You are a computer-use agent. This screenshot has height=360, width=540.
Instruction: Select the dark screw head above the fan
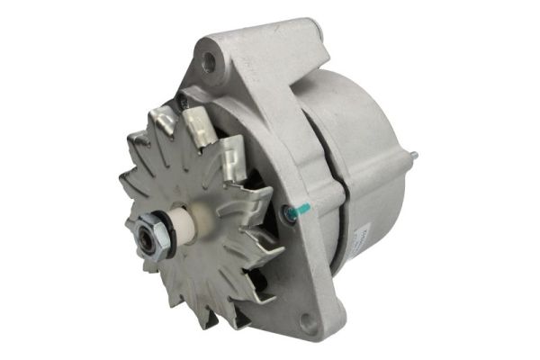[181, 103]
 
